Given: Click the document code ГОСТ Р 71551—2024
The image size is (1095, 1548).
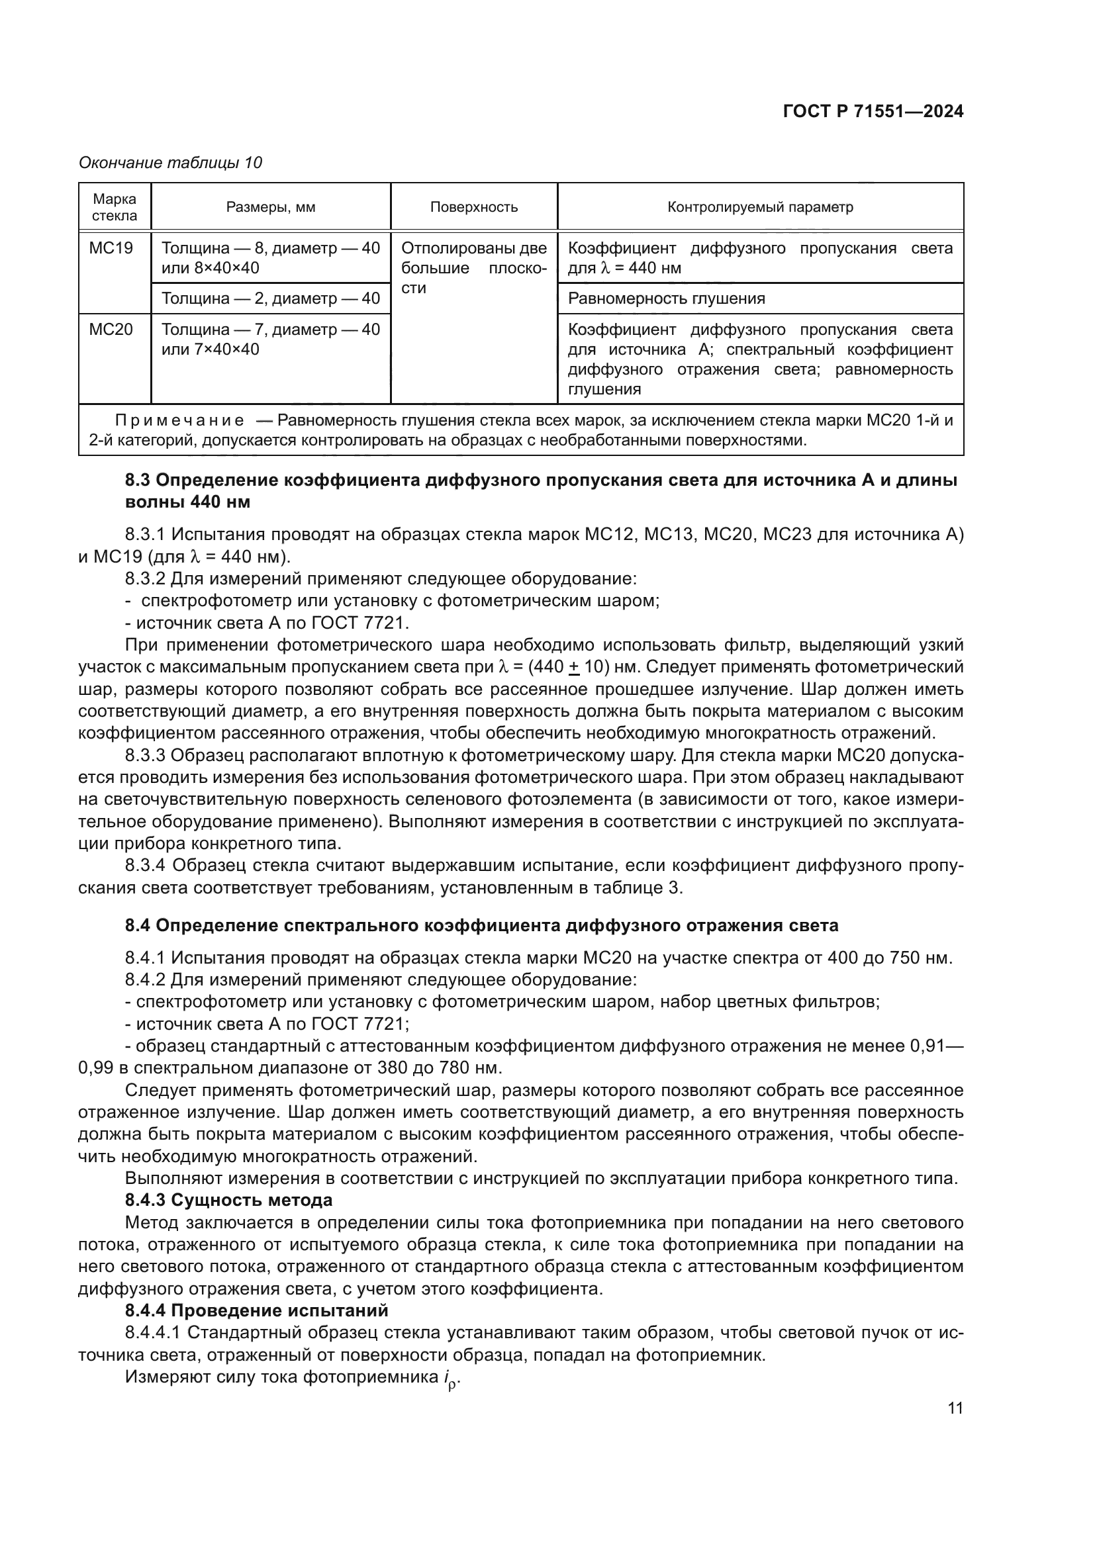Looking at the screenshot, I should pos(873,112).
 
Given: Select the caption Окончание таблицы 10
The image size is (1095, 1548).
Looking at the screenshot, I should pos(170,163).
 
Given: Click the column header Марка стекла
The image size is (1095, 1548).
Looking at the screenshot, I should pos(115,207).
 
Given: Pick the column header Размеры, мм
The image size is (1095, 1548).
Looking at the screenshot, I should pos(270,207).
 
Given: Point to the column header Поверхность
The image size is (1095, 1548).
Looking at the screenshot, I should pos(473,207).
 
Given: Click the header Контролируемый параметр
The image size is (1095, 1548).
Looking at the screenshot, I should pos(760,207).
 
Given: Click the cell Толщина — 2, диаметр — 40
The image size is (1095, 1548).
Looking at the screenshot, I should pos(270,298).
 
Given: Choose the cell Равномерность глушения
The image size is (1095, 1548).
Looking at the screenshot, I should pos(666,298).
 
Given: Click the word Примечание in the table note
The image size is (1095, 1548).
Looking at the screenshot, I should pos(179,421).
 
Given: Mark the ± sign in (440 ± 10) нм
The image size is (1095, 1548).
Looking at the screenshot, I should pos(574,668).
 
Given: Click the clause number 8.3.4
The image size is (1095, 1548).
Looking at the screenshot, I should pos(146,865).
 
